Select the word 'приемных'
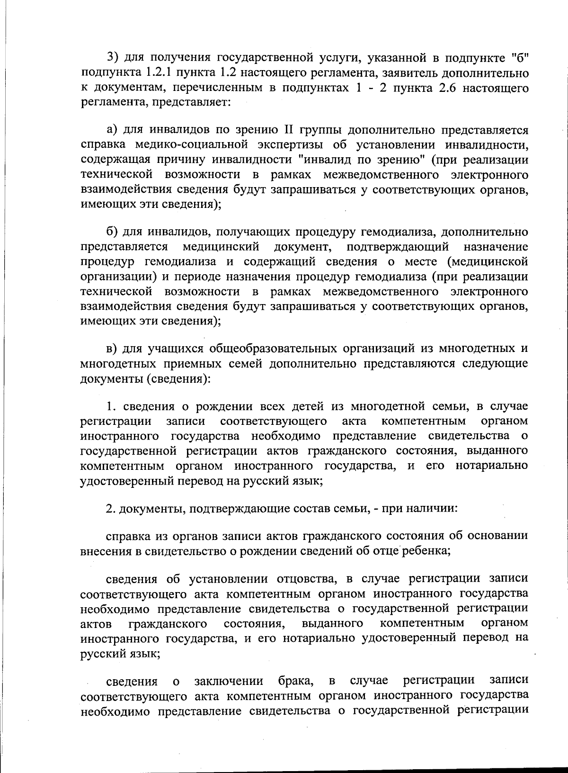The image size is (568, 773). click(185, 364)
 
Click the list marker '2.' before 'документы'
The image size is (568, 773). click(111, 509)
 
